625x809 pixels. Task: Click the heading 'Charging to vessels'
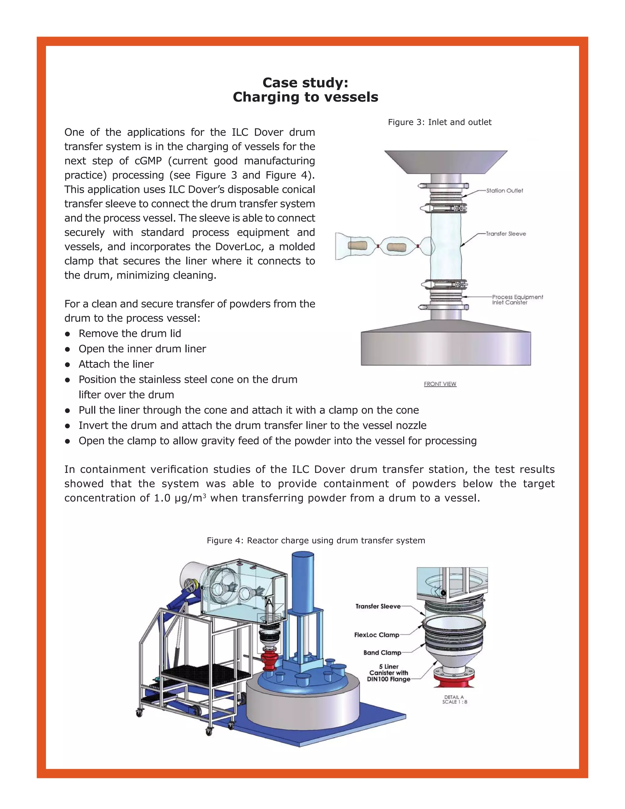click(305, 97)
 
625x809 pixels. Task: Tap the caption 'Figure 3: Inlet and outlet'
click(439, 122)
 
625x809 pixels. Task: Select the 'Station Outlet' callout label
click(504, 190)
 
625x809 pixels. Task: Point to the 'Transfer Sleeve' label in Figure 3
click(506, 234)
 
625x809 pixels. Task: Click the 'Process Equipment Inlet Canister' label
click(517, 300)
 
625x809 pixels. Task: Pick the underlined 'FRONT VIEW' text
click(440, 384)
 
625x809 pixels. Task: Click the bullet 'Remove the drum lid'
click(130, 333)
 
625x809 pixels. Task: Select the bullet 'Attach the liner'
click(116, 364)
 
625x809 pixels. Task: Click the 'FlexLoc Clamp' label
click(377, 635)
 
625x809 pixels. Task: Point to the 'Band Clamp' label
click(382, 653)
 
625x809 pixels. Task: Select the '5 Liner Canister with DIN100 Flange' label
click(388, 673)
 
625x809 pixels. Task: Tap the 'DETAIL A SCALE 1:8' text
click(454, 699)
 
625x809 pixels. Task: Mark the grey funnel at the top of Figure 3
click(446, 161)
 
